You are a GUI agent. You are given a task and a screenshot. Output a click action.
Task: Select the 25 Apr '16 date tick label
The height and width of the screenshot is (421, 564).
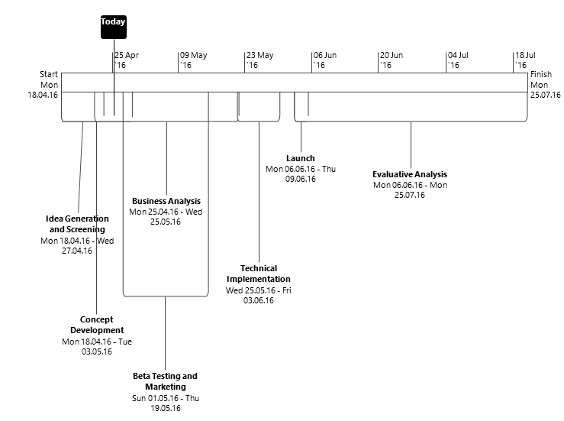pos(127,60)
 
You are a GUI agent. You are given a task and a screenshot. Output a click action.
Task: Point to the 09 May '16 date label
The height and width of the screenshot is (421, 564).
pos(193,60)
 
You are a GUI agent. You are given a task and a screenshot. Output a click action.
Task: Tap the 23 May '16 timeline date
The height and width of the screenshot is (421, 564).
pos(259,60)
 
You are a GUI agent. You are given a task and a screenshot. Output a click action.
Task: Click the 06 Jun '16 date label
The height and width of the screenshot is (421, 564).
pos(325,60)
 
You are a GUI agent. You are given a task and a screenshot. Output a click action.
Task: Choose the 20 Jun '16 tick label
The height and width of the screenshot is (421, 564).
pos(392,60)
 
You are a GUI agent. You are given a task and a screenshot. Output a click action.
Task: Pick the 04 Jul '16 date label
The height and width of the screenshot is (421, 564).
pos(458,60)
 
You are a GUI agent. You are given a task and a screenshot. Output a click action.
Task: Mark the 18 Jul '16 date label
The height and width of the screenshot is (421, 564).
pos(525,60)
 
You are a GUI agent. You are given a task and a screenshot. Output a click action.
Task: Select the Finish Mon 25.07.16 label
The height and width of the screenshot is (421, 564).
pos(545,84)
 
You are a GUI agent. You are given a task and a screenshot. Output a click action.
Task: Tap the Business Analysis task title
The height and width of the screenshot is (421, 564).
pos(166,201)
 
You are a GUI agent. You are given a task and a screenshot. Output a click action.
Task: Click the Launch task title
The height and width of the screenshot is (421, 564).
pos(301,158)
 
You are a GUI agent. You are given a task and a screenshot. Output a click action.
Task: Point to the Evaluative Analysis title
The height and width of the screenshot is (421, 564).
pos(410,174)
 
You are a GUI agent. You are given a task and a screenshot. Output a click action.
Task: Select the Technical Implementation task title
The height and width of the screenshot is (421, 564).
pos(259,274)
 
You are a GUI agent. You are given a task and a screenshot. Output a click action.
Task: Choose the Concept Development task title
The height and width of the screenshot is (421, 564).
pos(97,325)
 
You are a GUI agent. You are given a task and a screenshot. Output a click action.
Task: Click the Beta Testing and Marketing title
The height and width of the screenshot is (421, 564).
pos(165,381)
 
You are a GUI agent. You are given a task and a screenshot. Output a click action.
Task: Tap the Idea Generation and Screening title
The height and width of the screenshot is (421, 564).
pos(77,224)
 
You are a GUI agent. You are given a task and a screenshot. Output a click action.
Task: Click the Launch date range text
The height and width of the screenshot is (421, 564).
pos(301,173)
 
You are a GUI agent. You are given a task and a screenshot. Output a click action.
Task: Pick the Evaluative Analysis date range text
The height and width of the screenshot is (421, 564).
pos(410,189)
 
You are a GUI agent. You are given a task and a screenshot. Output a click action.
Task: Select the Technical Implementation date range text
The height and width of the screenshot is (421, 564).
pos(259,295)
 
